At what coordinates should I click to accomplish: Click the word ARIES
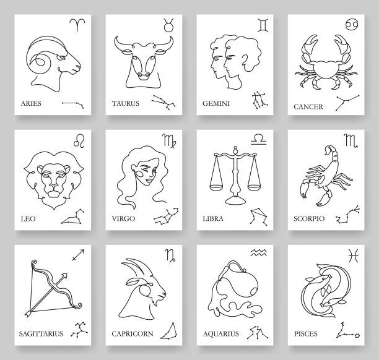tap(31, 103)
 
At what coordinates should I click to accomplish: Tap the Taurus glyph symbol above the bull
tap(168, 25)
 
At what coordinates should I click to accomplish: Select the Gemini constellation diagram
tap(259, 100)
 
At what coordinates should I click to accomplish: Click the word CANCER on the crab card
tap(308, 107)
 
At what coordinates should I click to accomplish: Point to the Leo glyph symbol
tap(79, 141)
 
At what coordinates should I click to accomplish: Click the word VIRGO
tap(123, 218)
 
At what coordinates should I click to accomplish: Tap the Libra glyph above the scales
tap(259, 139)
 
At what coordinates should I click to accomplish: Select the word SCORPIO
tap(309, 218)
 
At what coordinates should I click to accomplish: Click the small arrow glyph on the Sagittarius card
tap(78, 255)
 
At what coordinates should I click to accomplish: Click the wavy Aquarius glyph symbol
tap(259, 253)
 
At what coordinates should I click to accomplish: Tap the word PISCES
tap(305, 334)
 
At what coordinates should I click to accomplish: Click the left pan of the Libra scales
tap(216, 187)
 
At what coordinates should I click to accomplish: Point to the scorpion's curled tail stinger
tap(328, 149)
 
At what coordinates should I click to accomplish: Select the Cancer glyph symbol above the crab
tap(352, 24)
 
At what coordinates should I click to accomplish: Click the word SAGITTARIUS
tap(41, 334)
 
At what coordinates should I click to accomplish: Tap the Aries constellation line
tap(72, 105)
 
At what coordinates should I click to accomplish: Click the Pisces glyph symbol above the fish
tap(353, 255)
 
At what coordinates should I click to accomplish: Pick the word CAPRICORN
tap(133, 334)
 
